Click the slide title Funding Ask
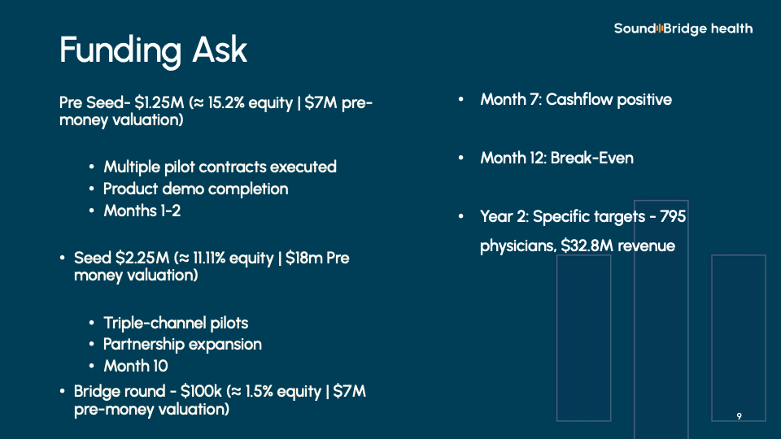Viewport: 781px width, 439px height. pos(153,50)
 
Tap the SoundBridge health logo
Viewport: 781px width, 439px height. pos(683,29)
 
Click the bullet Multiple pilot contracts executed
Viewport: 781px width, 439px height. pos(220,167)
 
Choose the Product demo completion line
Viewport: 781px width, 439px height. pos(196,189)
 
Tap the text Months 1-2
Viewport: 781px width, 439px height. pos(142,211)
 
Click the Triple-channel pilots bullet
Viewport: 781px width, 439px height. pos(176,323)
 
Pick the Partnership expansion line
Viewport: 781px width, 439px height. pos(182,345)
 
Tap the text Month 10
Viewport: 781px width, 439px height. pos(136,367)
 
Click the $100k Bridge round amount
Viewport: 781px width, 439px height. pos(201,391)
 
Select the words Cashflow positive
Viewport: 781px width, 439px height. pos(609,99)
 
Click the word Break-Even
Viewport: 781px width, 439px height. pos(591,159)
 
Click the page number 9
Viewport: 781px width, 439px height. pos(740,416)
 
